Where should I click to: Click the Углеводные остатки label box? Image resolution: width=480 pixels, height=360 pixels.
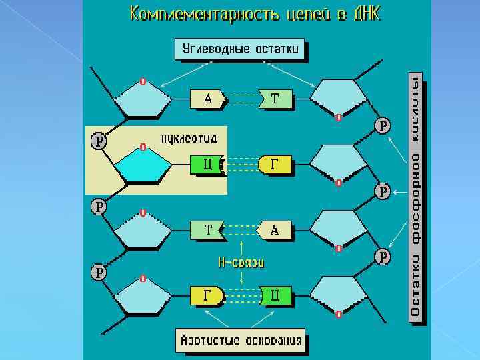click(x=241, y=49)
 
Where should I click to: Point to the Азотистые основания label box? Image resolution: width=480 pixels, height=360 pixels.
click(x=241, y=341)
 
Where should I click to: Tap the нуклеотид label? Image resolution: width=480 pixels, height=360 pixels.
click(x=189, y=138)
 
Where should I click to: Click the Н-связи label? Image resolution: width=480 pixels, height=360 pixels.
click(x=241, y=262)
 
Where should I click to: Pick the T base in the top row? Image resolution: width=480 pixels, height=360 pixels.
click(x=275, y=99)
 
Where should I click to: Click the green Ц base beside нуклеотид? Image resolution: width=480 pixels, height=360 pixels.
click(x=208, y=164)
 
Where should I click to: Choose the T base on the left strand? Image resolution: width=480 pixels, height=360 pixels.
click(x=208, y=230)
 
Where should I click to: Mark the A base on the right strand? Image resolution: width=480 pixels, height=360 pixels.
click(x=275, y=230)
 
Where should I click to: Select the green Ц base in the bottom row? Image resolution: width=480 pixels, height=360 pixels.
click(x=275, y=295)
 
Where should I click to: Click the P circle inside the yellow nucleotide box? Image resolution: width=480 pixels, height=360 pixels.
click(x=99, y=141)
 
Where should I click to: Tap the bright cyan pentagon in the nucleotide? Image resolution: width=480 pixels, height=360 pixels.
click(x=142, y=167)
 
